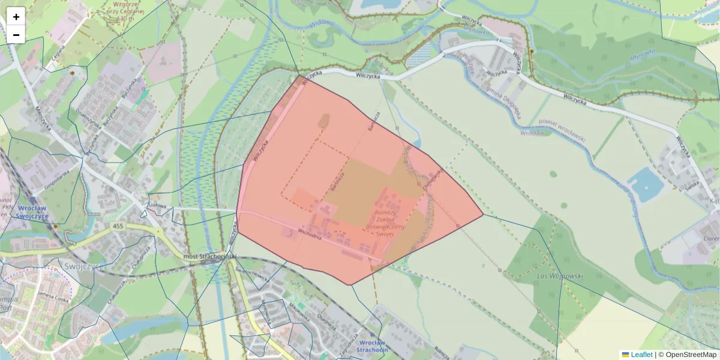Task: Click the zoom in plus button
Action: click(x=16, y=16)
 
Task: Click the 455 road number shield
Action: click(x=118, y=226)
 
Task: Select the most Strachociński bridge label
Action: click(x=209, y=257)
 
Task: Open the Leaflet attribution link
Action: click(x=641, y=355)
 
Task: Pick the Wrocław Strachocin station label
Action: click(x=371, y=346)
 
